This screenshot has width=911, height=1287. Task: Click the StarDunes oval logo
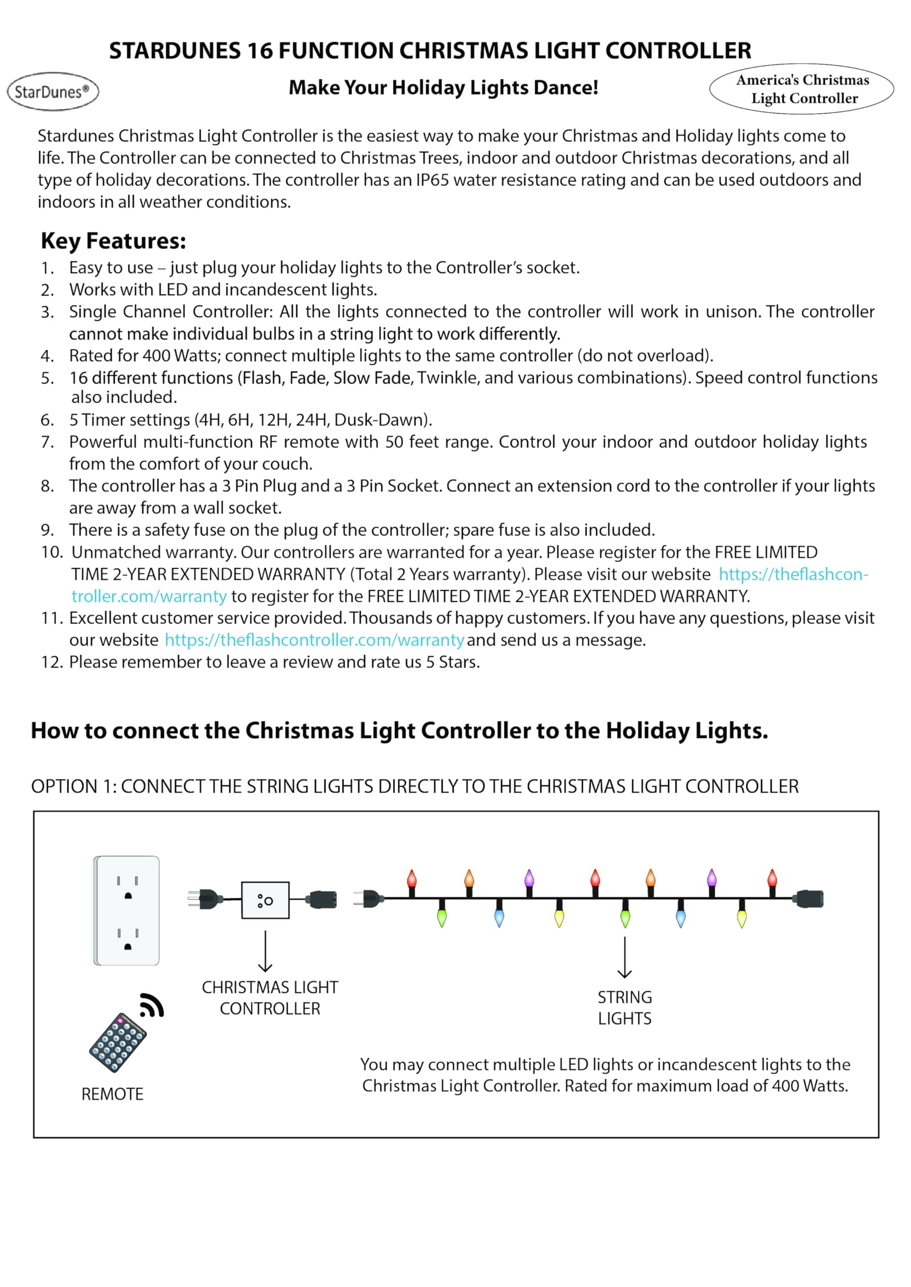point(53,91)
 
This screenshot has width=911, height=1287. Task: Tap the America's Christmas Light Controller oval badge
point(802,89)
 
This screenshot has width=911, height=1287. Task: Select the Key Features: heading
point(113,241)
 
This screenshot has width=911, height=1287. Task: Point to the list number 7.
point(47,442)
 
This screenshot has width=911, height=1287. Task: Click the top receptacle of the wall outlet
point(128,887)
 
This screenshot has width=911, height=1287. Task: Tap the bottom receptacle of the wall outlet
point(128,940)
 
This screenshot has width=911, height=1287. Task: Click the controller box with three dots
point(265,900)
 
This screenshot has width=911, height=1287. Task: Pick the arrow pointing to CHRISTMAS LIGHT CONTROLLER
point(265,951)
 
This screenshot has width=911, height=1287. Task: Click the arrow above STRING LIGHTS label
point(624,957)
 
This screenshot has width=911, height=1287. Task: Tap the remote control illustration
point(118,1043)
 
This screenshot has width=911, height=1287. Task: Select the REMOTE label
point(112,1094)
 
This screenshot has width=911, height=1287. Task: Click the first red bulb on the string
point(412,879)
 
